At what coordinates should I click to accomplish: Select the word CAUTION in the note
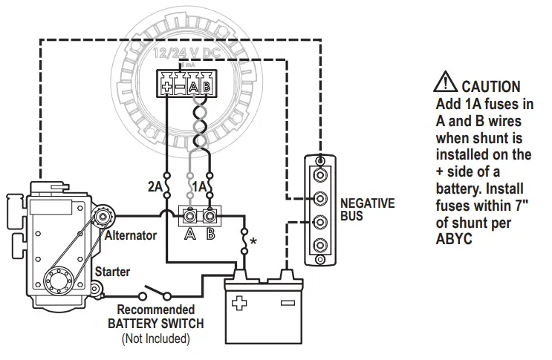tap(490, 86)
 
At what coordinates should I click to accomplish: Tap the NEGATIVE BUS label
tap(367, 209)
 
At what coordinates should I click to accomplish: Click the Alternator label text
tap(130, 235)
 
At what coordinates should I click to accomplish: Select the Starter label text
tap(112, 272)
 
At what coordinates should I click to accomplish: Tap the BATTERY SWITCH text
tap(155, 324)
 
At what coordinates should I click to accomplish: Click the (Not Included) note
tap(155, 338)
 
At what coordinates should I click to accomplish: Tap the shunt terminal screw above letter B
tap(210, 217)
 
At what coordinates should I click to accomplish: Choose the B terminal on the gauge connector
tap(206, 87)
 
